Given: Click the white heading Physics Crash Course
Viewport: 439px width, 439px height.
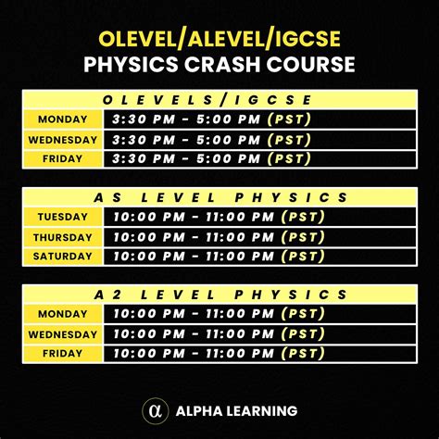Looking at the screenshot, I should [219, 65].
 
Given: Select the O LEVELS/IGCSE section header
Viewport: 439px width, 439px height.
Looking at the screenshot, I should [219, 100].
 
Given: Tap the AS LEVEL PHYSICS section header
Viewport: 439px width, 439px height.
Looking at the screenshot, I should [220, 197].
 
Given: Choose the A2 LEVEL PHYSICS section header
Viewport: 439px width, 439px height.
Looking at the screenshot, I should [220, 295].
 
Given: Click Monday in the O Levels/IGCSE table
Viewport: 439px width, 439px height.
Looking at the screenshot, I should [62, 119].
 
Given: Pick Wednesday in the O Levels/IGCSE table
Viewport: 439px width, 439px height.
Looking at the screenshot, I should [62, 140].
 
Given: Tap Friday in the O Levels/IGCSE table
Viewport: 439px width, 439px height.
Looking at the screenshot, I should [62, 159].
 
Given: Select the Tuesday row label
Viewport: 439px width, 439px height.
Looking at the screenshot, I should [62, 217].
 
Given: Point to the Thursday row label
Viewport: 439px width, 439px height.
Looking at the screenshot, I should [62, 237].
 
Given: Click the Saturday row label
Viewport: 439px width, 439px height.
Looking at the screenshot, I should [62, 257].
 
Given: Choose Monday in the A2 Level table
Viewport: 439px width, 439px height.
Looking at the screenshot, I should [62, 314].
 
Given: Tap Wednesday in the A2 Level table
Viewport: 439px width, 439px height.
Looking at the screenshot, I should [62, 334].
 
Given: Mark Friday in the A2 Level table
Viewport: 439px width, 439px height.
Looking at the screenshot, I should [62, 354].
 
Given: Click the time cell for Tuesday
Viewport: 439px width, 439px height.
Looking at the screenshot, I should [219, 217].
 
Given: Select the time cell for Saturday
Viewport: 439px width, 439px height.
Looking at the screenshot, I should [219, 257].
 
